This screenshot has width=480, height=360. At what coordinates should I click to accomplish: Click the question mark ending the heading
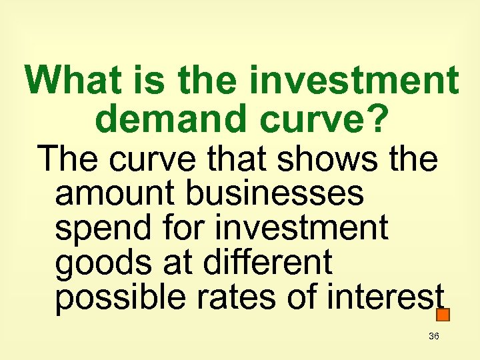coord(377,118)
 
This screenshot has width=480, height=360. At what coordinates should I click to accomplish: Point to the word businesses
coord(275,193)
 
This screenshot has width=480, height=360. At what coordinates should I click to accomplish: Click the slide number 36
coord(434,337)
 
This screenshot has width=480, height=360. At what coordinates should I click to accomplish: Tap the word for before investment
coord(188,227)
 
